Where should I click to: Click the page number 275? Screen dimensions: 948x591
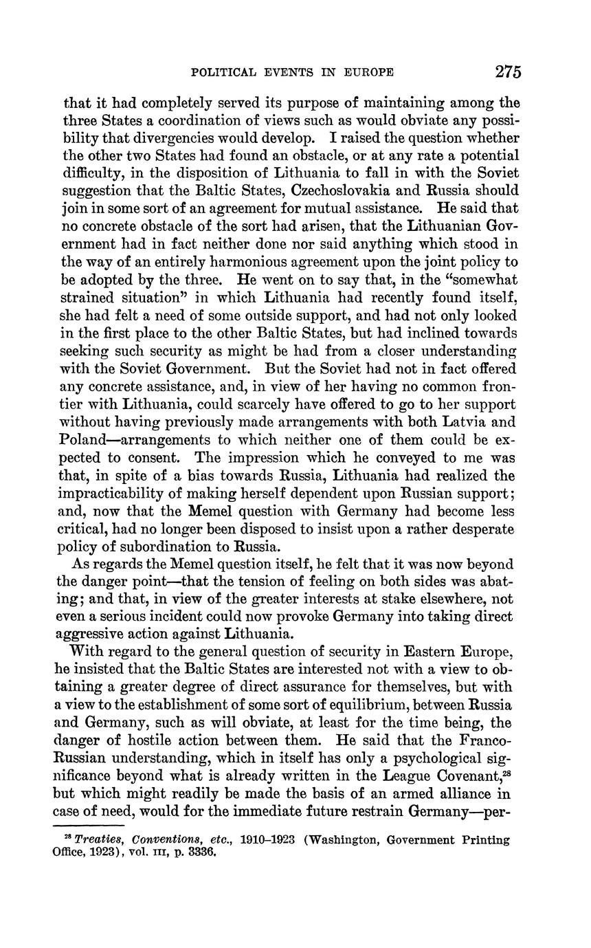coord(507,71)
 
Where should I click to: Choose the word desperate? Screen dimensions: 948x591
coord(477,529)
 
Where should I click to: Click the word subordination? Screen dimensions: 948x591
coord(164,547)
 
